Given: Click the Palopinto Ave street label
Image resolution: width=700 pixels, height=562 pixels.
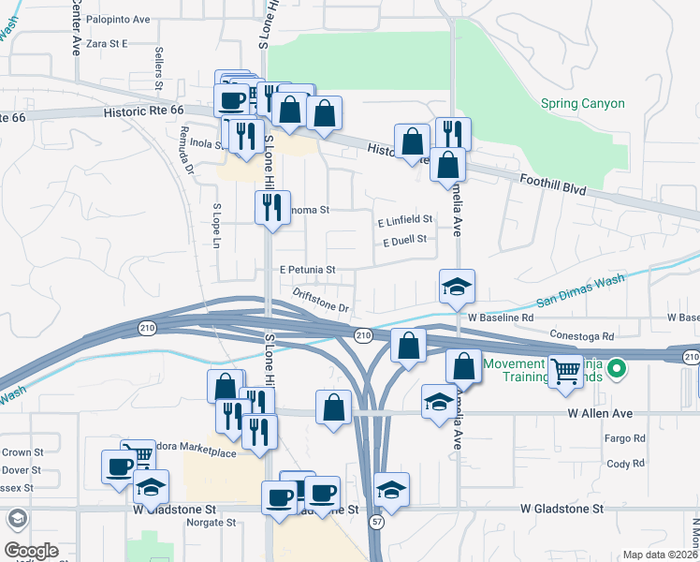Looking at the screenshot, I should pyautogui.click(x=118, y=19).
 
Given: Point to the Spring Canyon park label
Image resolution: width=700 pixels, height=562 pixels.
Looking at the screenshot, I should pyautogui.click(x=582, y=103).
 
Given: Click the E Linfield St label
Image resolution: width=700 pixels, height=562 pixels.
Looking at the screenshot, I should pyautogui.click(x=404, y=220).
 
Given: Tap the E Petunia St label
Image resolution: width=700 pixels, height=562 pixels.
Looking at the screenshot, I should pyautogui.click(x=308, y=270).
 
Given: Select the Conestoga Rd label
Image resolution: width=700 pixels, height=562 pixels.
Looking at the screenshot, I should pyautogui.click(x=582, y=335).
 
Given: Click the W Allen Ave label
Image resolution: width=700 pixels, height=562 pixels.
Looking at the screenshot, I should pyautogui.click(x=600, y=413).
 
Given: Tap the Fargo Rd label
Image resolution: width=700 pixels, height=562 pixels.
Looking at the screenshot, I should pyautogui.click(x=626, y=438).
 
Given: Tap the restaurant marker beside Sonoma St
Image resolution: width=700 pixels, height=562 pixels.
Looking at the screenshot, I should pyautogui.click(x=271, y=207).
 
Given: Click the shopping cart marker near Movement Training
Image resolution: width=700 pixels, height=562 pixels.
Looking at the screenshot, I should pyautogui.click(x=564, y=372).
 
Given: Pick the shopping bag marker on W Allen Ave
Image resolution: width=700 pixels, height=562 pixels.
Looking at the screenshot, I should pyautogui.click(x=334, y=407).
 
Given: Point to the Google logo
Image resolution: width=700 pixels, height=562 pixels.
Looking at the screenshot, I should pyautogui.click(x=31, y=551).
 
